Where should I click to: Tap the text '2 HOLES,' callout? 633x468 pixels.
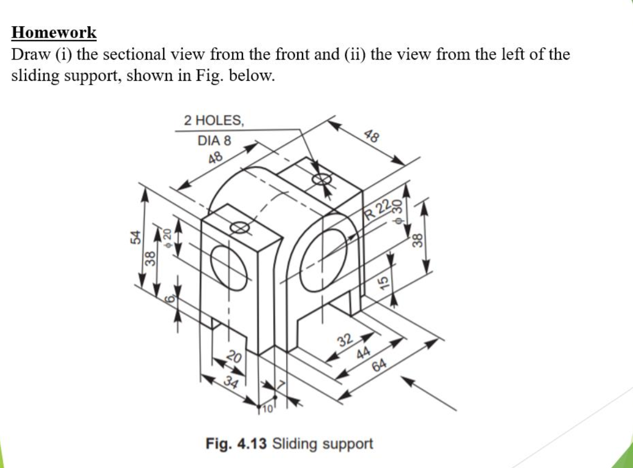click(x=213, y=120)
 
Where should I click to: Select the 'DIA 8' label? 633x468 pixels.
click(x=214, y=141)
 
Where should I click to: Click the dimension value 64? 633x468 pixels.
click(x=379, y=365)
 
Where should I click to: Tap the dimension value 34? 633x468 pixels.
click(x=231, y=382)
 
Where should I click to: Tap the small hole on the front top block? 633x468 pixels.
click(x=240, y=227)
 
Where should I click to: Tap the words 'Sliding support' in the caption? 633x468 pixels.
click(x=322, y=443)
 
